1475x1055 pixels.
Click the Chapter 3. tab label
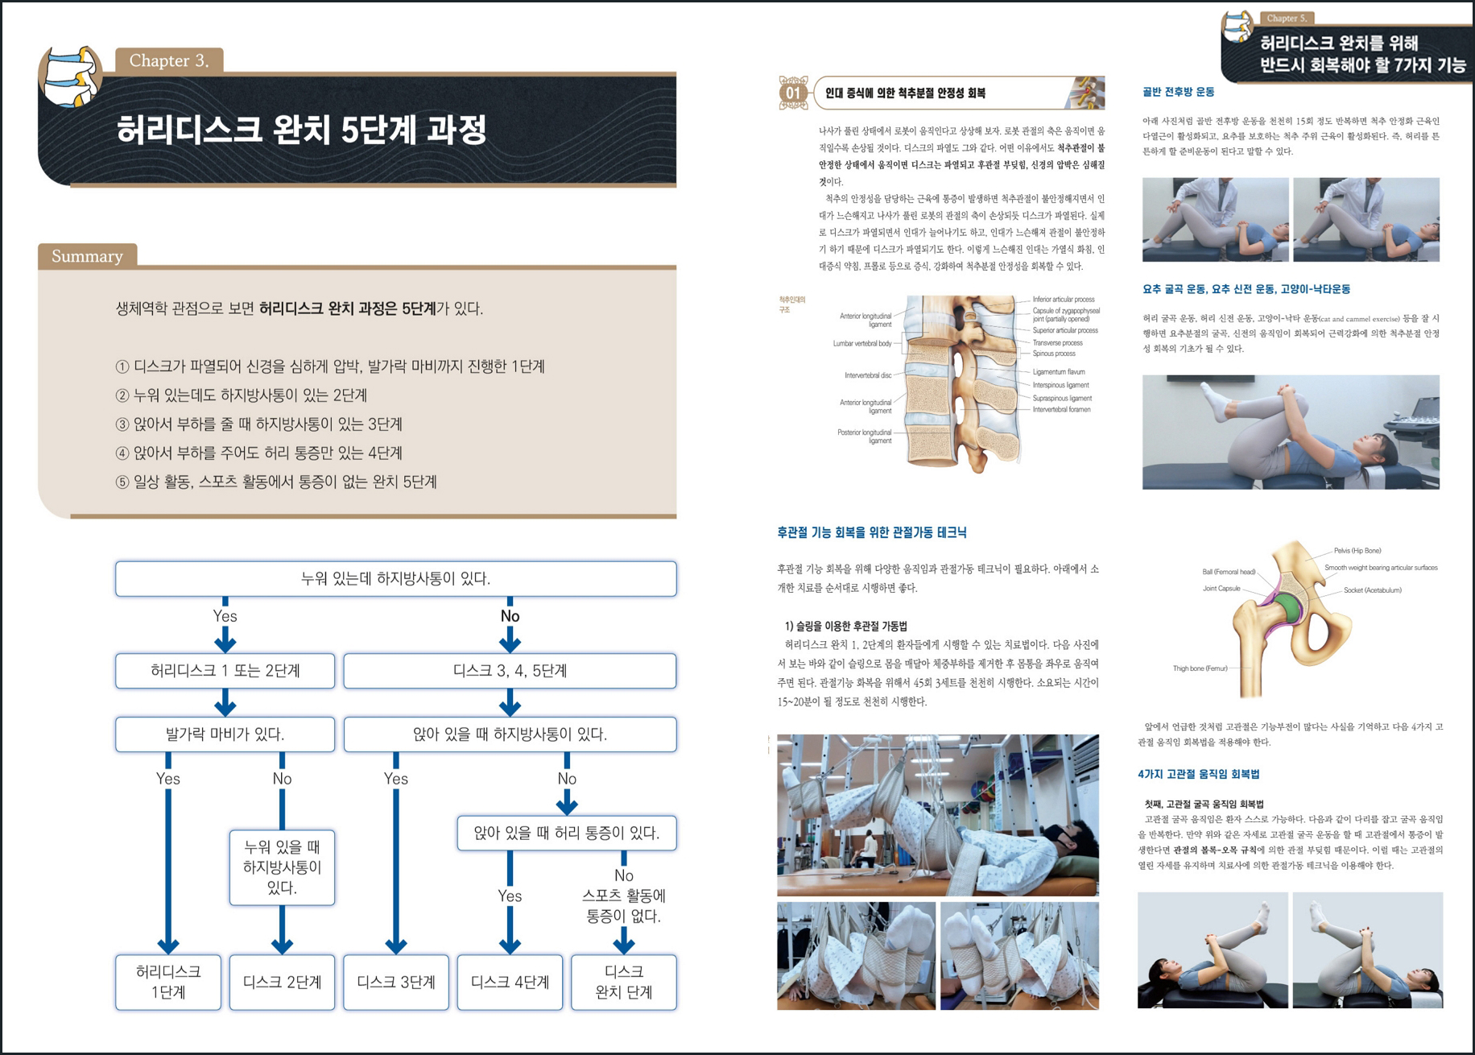tap(169, 60)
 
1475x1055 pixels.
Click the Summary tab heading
tap(87, 256)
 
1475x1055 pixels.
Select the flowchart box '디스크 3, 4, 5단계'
tap(510, 671)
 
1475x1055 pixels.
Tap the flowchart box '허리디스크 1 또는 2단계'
tap(225, 671)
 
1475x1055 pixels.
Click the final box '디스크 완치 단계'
tap(623, 982)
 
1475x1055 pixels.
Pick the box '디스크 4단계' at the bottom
tap(510, 982)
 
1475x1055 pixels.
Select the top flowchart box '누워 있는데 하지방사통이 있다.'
tap(395, 579)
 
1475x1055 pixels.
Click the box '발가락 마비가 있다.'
tap(225, 734)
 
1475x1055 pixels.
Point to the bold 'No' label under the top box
tap(510, 616)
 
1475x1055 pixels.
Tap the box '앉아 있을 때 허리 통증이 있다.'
tap(566, 834)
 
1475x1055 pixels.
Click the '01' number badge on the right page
tap(793, 93)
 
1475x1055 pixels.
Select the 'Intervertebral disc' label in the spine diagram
tap(867, 375)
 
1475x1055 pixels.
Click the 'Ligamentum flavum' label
tap(1059, 372)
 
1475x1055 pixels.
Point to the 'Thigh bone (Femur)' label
tap(1200, 668)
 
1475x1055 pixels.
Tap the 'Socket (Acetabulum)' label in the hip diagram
tap(1372, 590)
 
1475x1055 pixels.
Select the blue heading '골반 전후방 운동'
tap(1178, 92)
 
